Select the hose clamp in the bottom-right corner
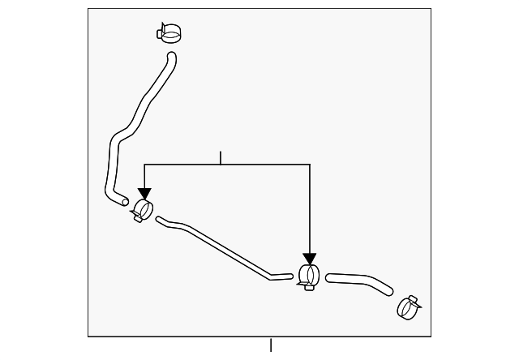click(x=408, y=306)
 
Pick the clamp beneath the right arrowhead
click(x=308, y=276)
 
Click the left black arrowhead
click(x=144, y=194)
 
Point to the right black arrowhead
click(x=309, y=259)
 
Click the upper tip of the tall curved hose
click(x=171, y=55)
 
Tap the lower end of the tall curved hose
click(x=122, y=199)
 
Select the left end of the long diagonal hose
click(x=158, y=218)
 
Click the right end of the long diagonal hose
click(x=290, y=277)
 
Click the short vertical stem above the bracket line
click(x=220, y=157)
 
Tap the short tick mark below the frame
click(x=271, y=345)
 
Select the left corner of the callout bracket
click(x=144, y=165)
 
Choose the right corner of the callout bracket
click(x=309, y=165)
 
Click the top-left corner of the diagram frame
click(x=88, y=9)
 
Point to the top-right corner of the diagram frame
click(x=431, y=9)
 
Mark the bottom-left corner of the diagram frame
click(x=88, y=336)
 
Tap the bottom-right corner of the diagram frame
click(x=431, y=336)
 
